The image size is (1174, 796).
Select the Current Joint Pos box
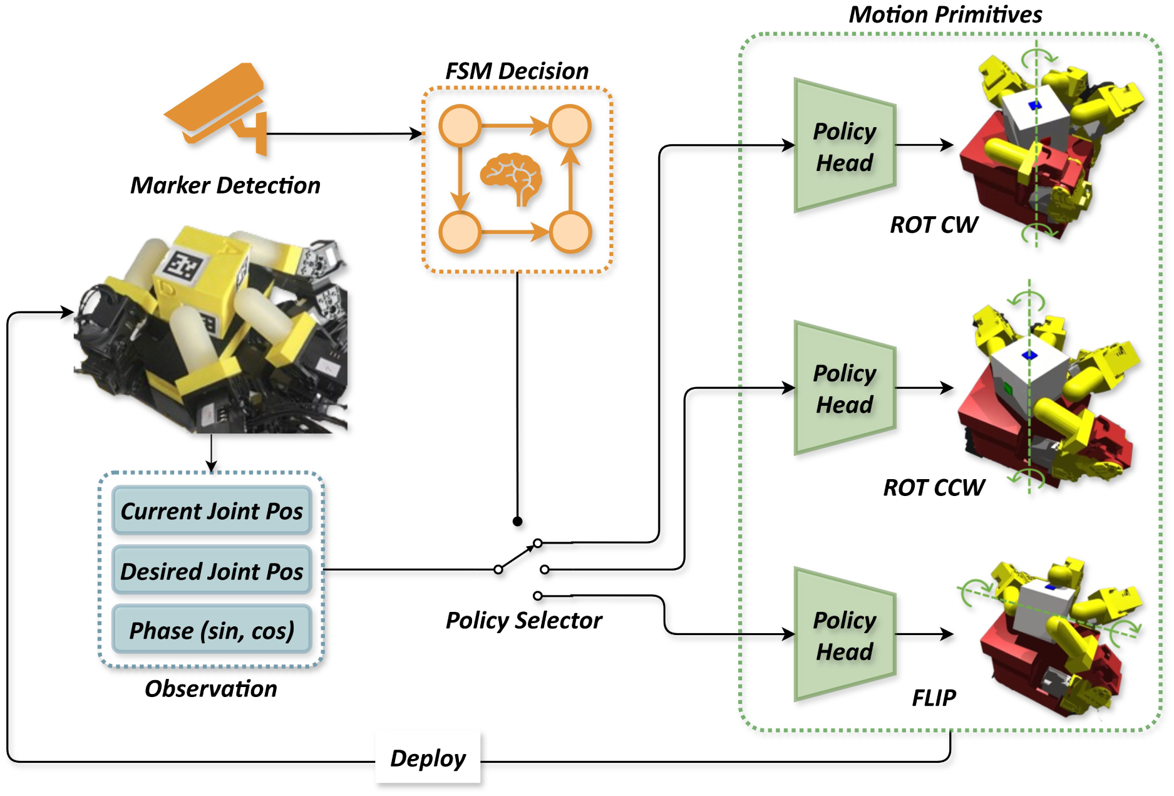coord(212,511)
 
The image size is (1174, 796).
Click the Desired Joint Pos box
coord(212,571)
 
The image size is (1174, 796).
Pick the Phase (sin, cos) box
coord(212,630)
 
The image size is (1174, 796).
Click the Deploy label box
coord(428,758)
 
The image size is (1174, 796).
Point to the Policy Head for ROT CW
coord(844,146)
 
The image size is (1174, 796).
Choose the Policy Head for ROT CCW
coord(844,388)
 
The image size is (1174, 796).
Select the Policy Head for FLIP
coord(844,635)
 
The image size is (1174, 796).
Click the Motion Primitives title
coord(945,14)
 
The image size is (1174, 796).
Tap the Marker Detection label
coord(225,185)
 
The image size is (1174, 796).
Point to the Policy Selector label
coord(523,620)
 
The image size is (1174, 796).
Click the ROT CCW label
coord(934,487)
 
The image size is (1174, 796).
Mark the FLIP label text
coord(934,697)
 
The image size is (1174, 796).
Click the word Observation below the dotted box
coord(211,688)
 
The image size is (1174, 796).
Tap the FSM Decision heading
coord(517,71)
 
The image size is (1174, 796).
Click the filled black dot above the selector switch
coord(517,521)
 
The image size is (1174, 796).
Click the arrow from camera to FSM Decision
coord(344,133)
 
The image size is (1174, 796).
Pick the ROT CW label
coord(934,224)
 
